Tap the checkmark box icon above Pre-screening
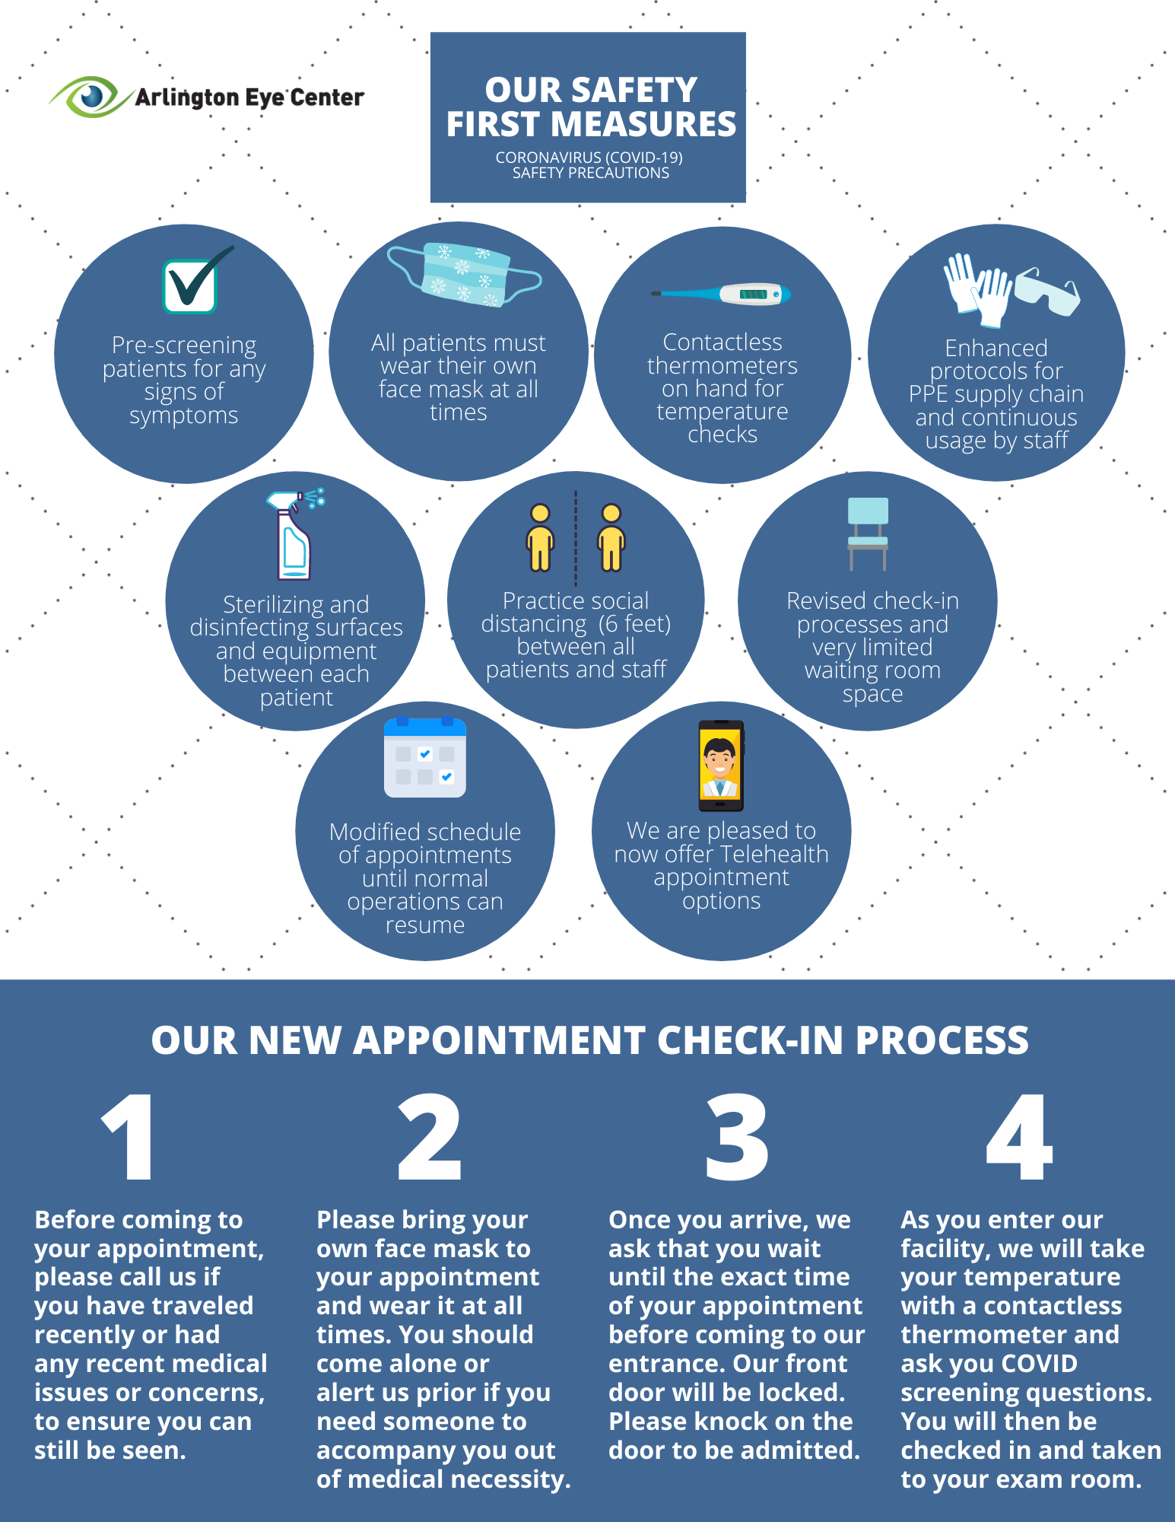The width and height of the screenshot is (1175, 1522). pyautogui.click(x=190, y=285)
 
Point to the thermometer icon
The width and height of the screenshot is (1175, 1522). pyautogui.click(x=722, y=295)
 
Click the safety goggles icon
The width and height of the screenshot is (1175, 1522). pyautogui.click(x=1048, y=291)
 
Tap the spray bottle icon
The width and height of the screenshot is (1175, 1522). pyautogui.click(x=294, y=536)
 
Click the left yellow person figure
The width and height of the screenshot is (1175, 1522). pyautogui.click(x=540, y=537)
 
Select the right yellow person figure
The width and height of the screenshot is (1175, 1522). pyautogui.click(x=611, y=537)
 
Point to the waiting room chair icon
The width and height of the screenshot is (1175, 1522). pyautogui.click(x=868, y=533)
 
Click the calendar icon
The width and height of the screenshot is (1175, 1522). pyautogui.click(x=424, y=758)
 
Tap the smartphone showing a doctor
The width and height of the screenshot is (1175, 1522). pyautogui.click(x=720, y=766)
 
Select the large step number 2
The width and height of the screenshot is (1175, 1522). pyautogui.click(x=430, y=1137)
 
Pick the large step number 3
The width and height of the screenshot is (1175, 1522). pyautogui.click(x=736, y=1137)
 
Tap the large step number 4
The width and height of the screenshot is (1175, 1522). pyautogui.click(x=1019, y=1137)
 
